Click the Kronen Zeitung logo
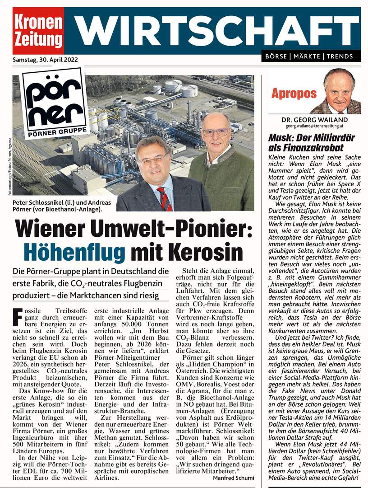(x=38, y=30)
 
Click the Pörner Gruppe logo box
(x=55, y=104)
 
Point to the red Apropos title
(x=294, y=94)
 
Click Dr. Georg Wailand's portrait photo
(x=339, y=91)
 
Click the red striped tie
(x=164, y=198)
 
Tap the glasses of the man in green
(x=216, y=132)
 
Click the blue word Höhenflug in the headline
(x=74, y=251)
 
